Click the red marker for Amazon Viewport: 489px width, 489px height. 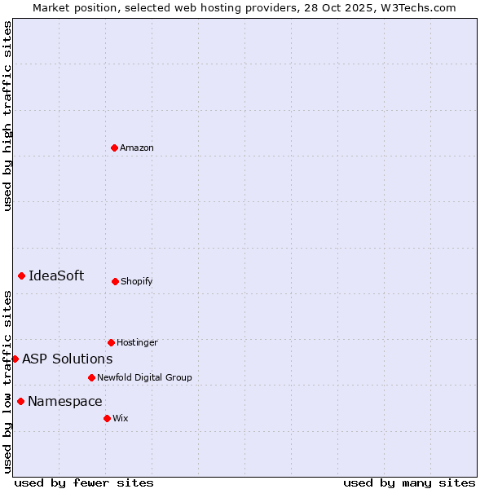tap(114, 148)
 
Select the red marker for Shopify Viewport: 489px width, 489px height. tap(115, 281)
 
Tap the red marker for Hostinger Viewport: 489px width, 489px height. tap(111, 342)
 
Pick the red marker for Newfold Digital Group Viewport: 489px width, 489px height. tap(91, 377)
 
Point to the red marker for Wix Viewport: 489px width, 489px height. tap(107, 418)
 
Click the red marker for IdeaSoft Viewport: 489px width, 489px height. tap(21, 275)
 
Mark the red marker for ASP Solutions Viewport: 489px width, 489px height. tap(15, 359)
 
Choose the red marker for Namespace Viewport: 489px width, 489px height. tap(20, 401)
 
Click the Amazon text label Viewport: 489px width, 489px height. tap(137, 148)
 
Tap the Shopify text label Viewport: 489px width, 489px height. tap(137, 281)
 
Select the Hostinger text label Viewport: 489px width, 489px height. tap(137, 342)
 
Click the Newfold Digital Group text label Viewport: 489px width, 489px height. tap(144, 377)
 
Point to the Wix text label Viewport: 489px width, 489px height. tap(121, 418)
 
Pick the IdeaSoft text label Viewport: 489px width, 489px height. tap(56, 275)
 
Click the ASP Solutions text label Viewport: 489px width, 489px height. tap(67, 359)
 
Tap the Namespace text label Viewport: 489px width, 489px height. tap(65, 401)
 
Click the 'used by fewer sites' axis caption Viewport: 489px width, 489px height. tap(84, 482)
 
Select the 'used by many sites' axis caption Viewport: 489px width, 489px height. tap(409, 482)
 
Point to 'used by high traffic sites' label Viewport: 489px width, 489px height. tap(7, 116)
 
